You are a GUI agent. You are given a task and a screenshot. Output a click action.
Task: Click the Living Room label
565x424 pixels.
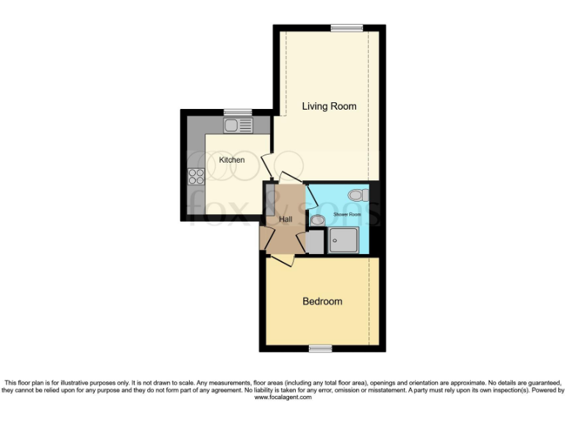pyautogui.click(x=329, y=107)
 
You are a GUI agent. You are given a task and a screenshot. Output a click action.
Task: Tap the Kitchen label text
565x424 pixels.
pyautogui.click(x=232, y=160)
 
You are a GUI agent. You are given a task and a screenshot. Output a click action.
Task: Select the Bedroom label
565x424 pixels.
pyautogui.click(x=322, y=302)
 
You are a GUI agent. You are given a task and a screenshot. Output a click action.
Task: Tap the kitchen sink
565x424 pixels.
pyautogui.click(x=238, y=125)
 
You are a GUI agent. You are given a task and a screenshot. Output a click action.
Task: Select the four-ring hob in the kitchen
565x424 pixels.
pyautogui.click(x=196, y=176)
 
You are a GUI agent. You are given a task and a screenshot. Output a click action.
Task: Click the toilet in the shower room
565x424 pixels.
pyautogui.click(x=358, y=195)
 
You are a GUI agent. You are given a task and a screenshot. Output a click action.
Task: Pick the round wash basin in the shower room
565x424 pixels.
pyautogui.click(x=317, y=220)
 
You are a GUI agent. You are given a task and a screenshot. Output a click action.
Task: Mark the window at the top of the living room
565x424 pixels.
pyautogui.click(x=347, y=28)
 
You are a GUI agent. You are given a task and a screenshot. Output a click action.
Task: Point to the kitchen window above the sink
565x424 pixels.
pyautogui.click(x=238, y=112)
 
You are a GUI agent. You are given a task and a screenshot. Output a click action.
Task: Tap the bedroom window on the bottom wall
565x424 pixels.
pyautogui.click(x=319, y=348)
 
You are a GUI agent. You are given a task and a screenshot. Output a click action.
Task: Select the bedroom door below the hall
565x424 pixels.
pyautogui.click(x=282, y=260)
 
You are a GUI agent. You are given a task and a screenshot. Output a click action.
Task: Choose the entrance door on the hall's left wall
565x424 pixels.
pyautogui.click(x=263, y=239)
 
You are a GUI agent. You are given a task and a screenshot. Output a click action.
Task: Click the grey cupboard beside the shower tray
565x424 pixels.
pyautogui.click(x=314, y=242)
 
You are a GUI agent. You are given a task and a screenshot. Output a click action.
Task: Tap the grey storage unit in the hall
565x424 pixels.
pyautogui.click(x=270, y=199)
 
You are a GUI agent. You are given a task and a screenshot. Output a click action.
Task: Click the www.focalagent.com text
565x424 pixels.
pyautogui.click(x=282, y=397)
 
